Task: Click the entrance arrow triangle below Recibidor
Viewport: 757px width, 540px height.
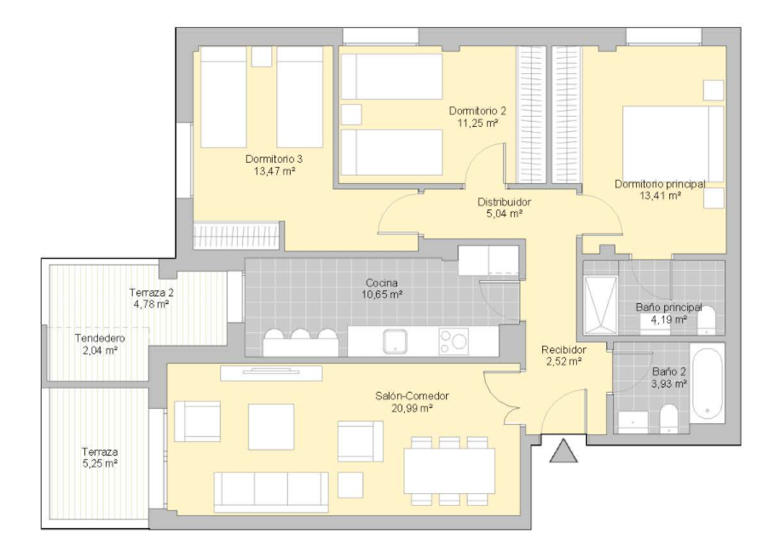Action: point(563,451)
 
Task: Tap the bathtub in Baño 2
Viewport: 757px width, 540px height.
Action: point(708,382)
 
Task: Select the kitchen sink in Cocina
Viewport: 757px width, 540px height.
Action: point(396,342)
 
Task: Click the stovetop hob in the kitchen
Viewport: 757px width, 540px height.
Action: point(454,342)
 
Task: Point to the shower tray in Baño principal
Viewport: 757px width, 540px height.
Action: point(601,305)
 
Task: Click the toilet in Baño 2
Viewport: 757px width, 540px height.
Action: point(669,418)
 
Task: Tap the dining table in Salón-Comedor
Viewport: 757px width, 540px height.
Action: point(449,471)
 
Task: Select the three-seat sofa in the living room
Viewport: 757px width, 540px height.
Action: point(271,491)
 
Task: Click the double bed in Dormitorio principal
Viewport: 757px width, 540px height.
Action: point(673,144)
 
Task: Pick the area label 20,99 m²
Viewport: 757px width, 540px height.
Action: point(412,408)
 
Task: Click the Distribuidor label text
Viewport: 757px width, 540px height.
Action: point(504,202)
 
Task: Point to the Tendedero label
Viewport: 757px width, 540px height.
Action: point(100,338)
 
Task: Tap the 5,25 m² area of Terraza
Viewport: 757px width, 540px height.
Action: point(100,463)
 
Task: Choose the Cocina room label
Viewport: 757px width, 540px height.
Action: point(382,283)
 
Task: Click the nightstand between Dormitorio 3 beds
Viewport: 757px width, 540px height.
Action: point(262,56)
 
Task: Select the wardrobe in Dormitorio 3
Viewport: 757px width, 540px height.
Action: point(236,235)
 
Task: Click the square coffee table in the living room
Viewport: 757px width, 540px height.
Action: point(271,427)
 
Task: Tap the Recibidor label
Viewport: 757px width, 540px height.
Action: point(563,349)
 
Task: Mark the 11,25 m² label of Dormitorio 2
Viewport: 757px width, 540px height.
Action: point(477,123)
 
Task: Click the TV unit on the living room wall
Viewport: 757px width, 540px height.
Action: point(271,373)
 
